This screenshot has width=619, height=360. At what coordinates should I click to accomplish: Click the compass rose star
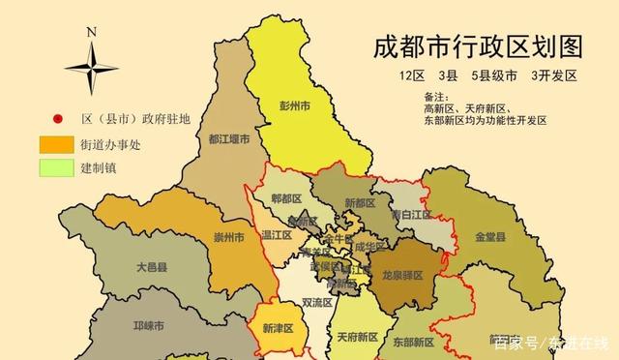(91, 67)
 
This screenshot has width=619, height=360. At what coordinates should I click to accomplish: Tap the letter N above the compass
(91, 31)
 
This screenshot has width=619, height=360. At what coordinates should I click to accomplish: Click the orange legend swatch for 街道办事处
(56, 145)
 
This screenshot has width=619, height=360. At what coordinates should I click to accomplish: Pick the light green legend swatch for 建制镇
(56, 168)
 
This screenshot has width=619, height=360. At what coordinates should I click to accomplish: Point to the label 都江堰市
(229, 139)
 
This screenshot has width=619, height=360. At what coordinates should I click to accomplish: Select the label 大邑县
(150, 265)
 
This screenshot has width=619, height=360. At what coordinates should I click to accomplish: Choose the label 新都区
(359, 203)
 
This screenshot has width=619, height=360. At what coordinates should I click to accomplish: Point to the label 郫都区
(287, 198)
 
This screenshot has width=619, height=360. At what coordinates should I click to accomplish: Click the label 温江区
(276, 233)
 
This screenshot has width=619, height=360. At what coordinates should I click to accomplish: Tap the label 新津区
(278, 328)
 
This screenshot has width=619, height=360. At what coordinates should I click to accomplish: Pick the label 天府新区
(358, 338)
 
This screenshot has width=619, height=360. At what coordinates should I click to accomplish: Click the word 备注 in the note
(437, 97)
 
